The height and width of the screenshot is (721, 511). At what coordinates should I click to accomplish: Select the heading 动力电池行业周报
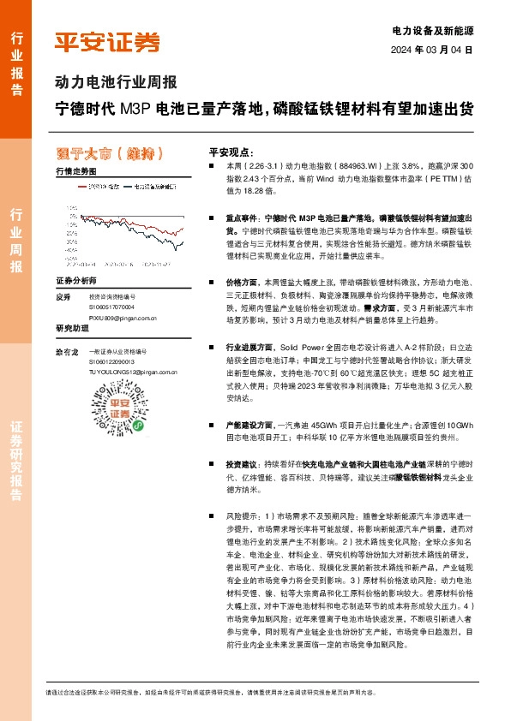click(116, 83)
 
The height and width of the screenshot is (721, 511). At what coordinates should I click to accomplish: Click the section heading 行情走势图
click(75, 171)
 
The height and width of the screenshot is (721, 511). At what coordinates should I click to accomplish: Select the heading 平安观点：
click(232, 151)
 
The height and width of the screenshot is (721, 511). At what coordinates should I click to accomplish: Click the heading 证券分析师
click(75, 280)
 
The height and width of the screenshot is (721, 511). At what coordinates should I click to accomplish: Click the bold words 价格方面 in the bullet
click(244, 282)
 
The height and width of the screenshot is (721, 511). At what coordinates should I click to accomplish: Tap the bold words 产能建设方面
click(249, 425)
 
